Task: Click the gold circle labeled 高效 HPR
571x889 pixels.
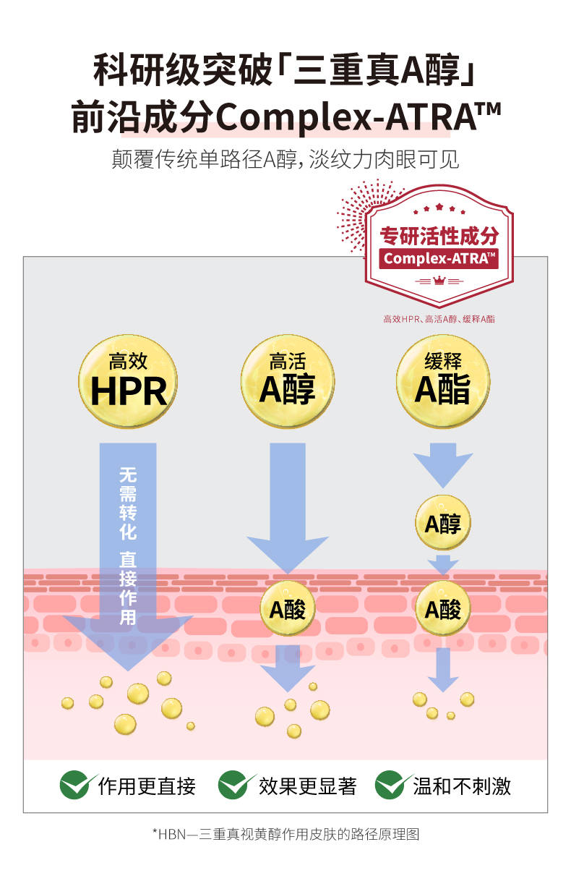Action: pyautogui.click(x=128, y=380)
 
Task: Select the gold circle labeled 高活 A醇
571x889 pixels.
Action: pyautogui.click(x=288, y=380)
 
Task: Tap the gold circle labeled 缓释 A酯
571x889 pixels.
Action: pyautogui.click(x=442, y=380)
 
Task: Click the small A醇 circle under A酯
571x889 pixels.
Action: pyautogui.click(x=442, y=523)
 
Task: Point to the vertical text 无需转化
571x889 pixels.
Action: pyautogui.click(x=127, y=503)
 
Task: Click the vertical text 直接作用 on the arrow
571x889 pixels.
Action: pyautogui.click(x=127, y=587)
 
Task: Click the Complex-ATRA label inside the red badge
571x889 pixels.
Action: pyautogui.click(x=439, y=258)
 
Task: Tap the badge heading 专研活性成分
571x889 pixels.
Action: pyautogui.click(x=439, y=236)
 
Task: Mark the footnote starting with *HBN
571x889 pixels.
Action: pyautogui.click(x=285, y=834)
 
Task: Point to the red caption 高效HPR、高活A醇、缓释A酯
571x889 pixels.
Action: pyautogui.click(x=439, y=318)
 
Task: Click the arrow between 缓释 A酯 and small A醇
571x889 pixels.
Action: pyautogui.click(x=442, y=466)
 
